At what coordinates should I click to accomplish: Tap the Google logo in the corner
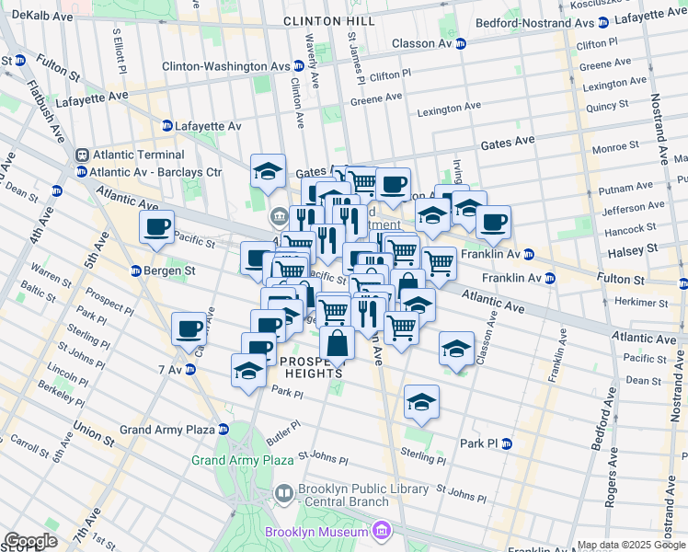coord(29,540)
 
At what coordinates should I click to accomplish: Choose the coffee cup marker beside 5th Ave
coord(156,227)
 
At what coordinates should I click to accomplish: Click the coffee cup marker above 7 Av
coord(189,328)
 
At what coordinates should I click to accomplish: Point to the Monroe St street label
coord(615,146)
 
